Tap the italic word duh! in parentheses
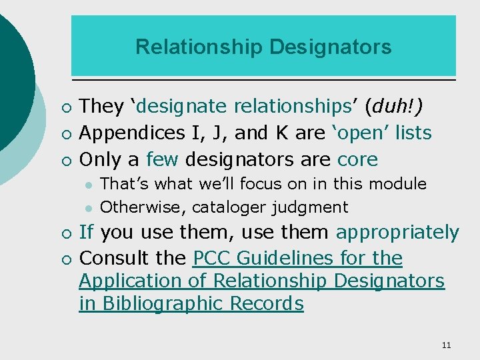398,106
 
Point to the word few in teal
162,159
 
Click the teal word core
357,159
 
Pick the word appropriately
397,233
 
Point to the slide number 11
446,345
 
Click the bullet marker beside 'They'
63,107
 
